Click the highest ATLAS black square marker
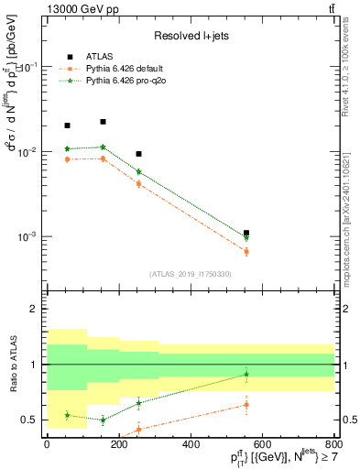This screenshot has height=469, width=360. tap(103, 122)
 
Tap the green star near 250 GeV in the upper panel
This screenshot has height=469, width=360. tap(138, 171)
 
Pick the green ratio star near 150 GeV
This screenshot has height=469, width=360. tap(103, 420)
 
